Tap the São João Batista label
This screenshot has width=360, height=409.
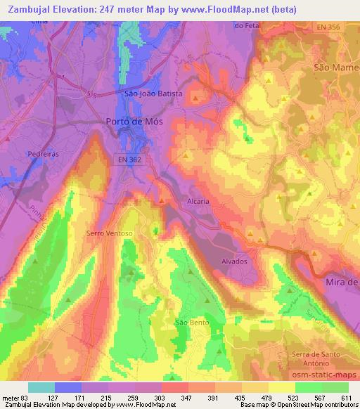153,93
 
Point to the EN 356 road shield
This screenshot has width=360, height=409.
327,27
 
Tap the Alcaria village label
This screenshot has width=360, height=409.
198,201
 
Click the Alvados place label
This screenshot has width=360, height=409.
235,261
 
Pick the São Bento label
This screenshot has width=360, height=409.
190,323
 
